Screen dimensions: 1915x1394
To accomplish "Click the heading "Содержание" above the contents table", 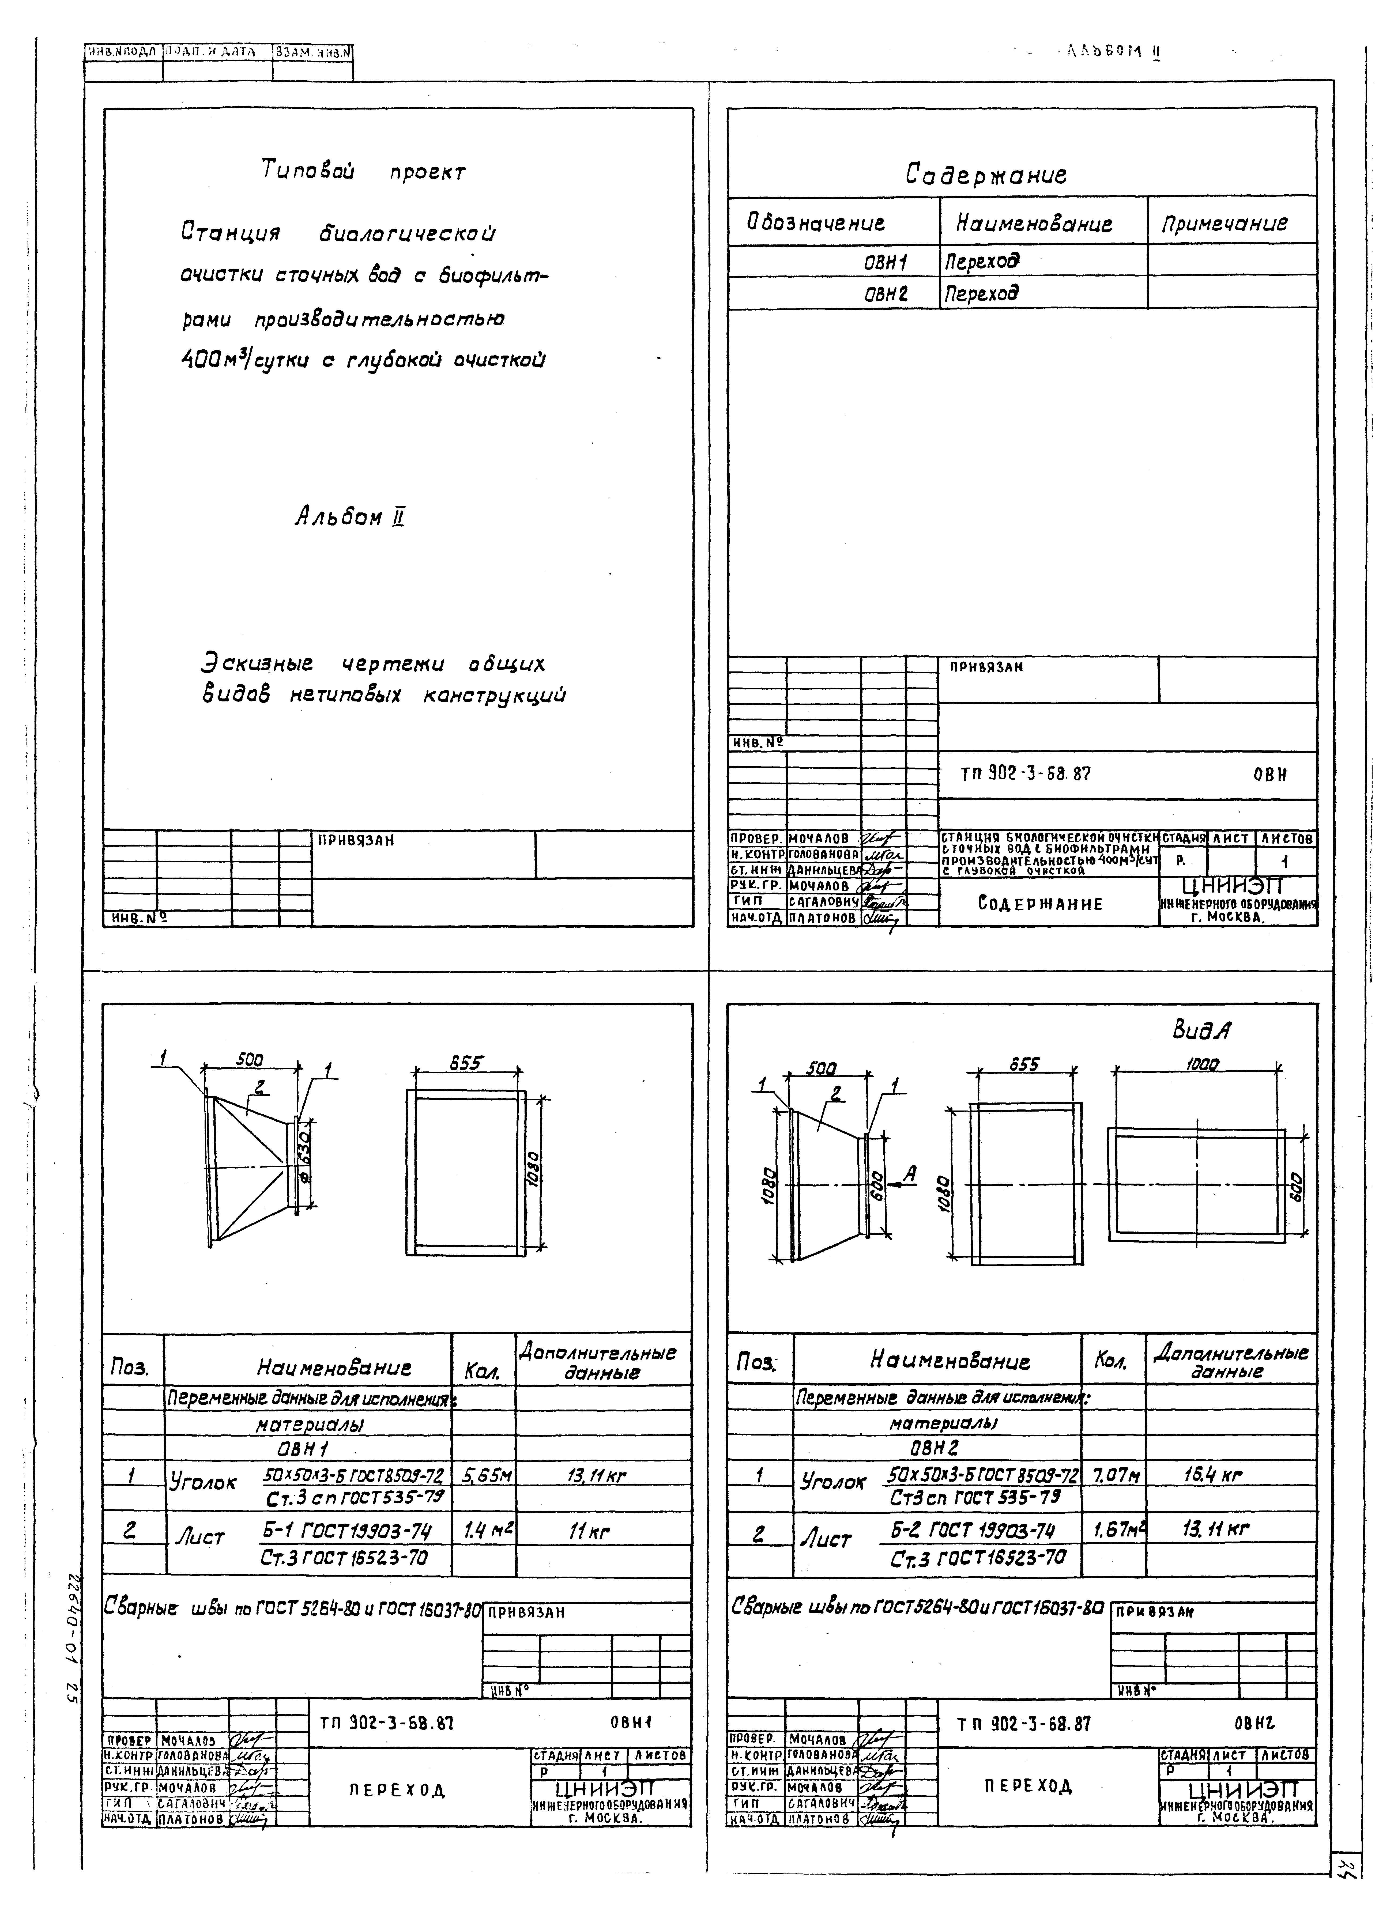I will pyautogui.click(x=986, y=175).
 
